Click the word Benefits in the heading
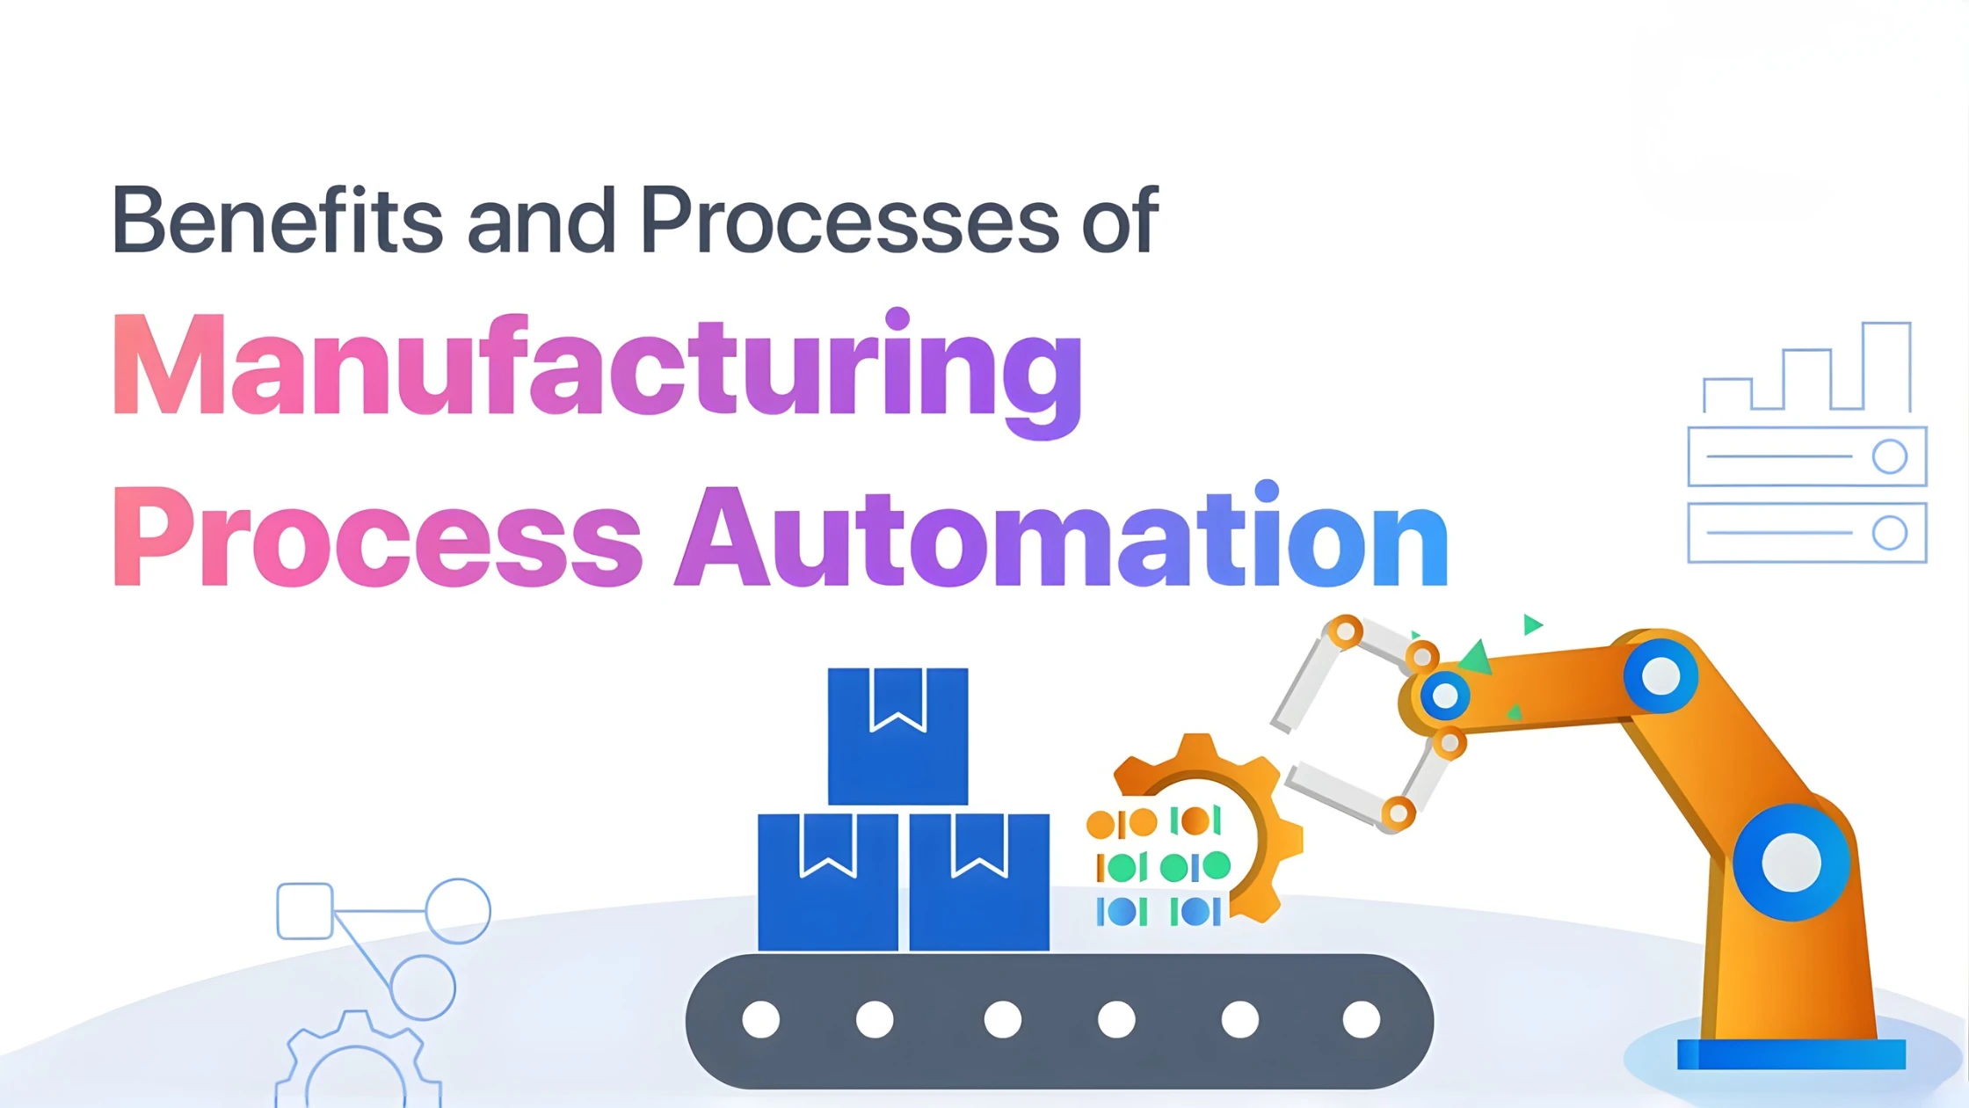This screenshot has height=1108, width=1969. click(x=277, y=220)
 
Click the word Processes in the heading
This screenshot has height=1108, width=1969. click(x=849, y=220)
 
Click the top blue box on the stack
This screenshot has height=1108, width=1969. click(x=897, y=737)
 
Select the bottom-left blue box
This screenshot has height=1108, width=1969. click(x=827, y=882)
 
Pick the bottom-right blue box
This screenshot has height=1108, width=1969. click(x=979, y=882)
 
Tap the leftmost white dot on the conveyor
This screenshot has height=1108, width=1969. click(x=760, y=1020)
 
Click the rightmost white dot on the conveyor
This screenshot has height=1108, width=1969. click(x=1361, y=1020)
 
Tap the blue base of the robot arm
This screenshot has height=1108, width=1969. click(x=1791, y=1054)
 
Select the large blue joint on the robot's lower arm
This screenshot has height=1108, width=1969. click(x=1791, y=863)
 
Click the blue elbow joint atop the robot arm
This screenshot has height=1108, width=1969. click(x=1660, y=676)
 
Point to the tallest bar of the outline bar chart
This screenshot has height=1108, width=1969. click(x=1886, y=367)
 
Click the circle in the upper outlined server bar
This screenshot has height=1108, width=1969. click(x=1889, y=456)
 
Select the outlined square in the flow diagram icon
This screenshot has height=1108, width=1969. click(x=304, y=911)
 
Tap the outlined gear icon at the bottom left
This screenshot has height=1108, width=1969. click(x=356, y=1064)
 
